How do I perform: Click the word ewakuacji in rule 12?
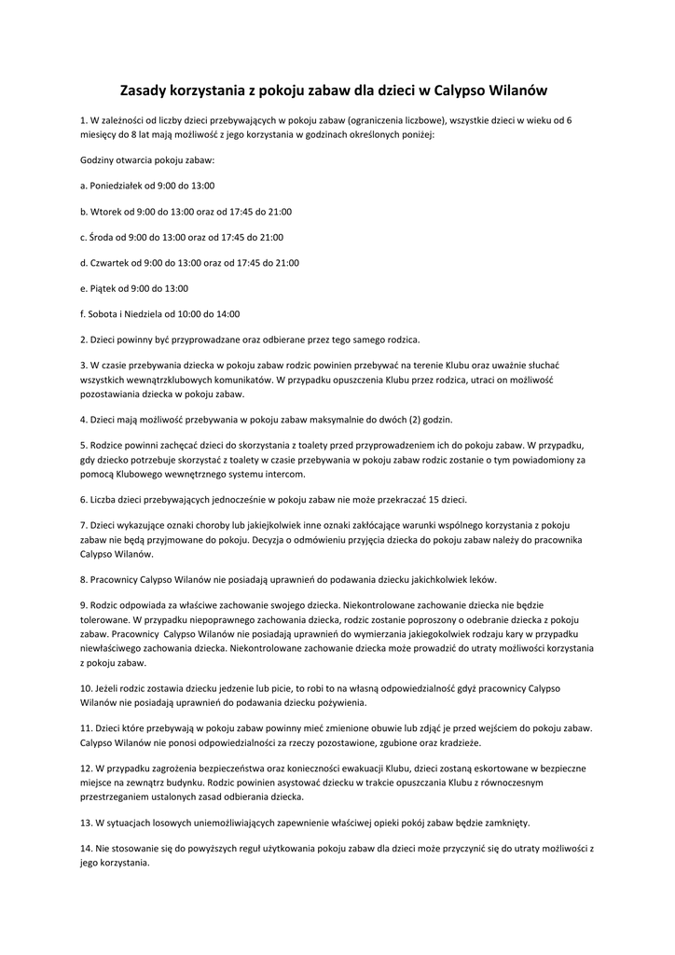(378, 768)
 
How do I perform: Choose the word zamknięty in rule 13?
(504, 823)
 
